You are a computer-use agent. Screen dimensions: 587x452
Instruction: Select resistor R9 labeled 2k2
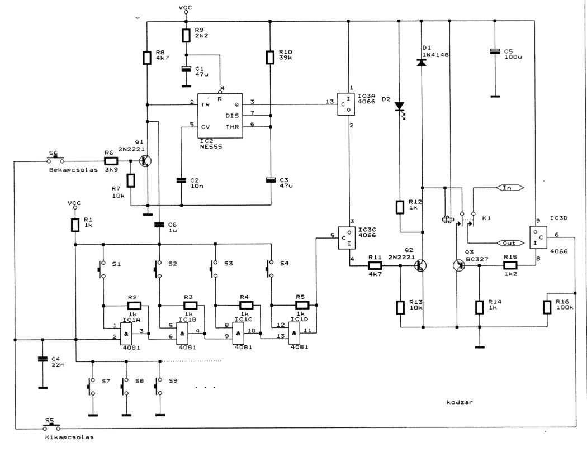click(x=186, y=35)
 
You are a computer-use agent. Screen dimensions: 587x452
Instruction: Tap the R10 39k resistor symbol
click(x=270, y=57)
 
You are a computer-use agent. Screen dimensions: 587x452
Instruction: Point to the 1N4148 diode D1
click(x=422, y=63)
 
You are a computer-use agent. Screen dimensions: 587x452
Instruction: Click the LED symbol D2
click(x=400, y=108)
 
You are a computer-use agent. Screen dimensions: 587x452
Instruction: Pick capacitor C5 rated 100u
click(x=495, y=51)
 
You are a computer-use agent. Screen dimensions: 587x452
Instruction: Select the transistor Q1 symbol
click(x=145, y=161)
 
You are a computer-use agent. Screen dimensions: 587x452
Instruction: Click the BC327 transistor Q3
click(x=459, y=265)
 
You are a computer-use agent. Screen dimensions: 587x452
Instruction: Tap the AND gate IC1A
click(x=126, y=334)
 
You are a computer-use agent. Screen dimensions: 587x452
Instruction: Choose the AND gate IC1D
click(x=294, y=334)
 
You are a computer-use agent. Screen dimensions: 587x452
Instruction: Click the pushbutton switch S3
click(x=215, y=269)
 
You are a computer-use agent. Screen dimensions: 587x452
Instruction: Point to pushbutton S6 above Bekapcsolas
click(x=55, y=160)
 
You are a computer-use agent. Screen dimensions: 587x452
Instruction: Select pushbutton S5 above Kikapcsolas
click(x=51, y=427)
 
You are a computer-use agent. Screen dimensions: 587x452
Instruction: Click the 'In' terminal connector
click(x=509, y=188)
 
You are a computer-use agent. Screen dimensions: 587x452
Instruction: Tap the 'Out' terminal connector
click(x=510, y=243)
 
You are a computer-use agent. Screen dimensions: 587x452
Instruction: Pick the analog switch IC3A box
click(x=346, y=104)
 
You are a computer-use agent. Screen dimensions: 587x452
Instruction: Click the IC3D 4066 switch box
click(x=538, y=237)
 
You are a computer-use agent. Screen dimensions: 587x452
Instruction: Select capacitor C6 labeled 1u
click(x=159, y=225)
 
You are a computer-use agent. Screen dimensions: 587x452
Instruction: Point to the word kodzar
click(x=460, y=402)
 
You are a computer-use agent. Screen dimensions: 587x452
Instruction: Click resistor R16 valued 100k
click(x=547, y=307)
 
